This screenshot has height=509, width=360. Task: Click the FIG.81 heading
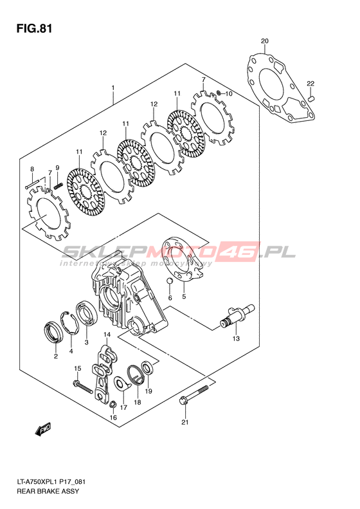(34, 29)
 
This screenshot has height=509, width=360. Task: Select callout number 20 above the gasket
(265, 41)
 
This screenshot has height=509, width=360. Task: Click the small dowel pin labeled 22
(311, 98)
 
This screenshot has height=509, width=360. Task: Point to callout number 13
(236, 338)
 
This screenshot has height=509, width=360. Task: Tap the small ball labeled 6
(169, 281)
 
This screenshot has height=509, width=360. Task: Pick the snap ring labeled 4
(69, 322)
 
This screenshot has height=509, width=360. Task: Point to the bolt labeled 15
(84, 387)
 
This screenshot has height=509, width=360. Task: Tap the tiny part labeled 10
(219, 93)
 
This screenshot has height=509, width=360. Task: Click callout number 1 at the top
(113, 88)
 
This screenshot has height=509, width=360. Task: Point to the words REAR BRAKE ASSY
(48, 491)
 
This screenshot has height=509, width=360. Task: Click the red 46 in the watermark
(242, 252)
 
